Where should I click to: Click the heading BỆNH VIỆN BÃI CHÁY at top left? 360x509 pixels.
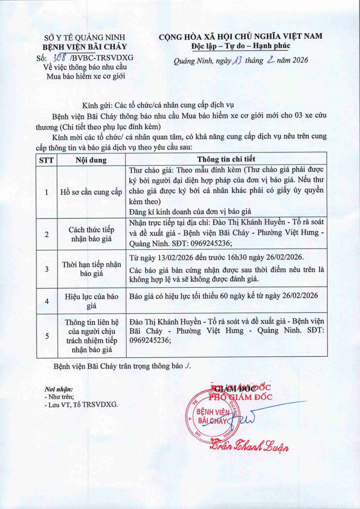(x=85, y=47)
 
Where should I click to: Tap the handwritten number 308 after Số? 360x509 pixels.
(x=60, y=58)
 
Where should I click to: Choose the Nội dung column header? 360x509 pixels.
(x=91, y=160)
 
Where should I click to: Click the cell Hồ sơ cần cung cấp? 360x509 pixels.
(x=91, y=192)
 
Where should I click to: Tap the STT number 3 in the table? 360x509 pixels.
(x=47, y=269)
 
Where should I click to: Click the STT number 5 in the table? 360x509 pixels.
(x=47, y=336)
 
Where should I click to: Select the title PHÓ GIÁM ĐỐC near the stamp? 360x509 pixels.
(x=240, y=396)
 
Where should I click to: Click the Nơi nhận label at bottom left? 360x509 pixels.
(x=58, y=388)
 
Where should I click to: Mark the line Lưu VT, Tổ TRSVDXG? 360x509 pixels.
(x=81, y=405)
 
